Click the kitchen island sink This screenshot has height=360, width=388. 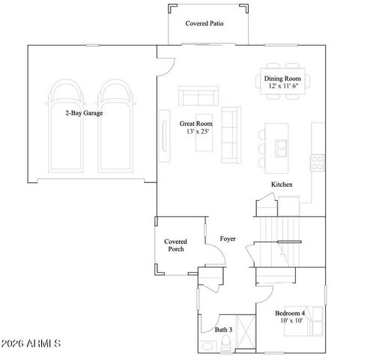point(283,144)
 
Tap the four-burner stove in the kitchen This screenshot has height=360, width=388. point(318,158)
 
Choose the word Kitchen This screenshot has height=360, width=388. point(282,184)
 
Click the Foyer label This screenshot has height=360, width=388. point(228,238)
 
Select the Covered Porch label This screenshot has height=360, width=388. point(175,245)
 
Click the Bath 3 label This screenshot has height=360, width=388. point(224,329)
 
